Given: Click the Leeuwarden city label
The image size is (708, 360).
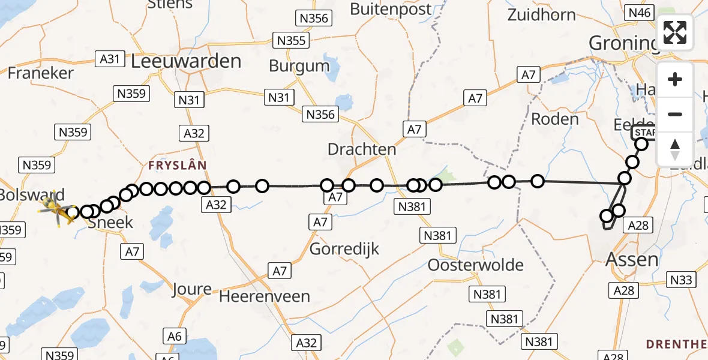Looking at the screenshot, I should (x=186, y=61).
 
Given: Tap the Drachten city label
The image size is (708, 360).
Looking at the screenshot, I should (x=362, y=149).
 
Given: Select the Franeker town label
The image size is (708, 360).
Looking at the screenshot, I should (x=41, y=73).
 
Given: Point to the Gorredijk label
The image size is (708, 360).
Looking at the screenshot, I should (x=344, y=248).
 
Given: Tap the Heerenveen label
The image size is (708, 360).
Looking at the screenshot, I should (x=265, y=296).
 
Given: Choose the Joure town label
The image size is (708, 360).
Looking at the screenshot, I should (x=192, y=289).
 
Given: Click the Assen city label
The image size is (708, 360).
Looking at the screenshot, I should (x=632, y=260).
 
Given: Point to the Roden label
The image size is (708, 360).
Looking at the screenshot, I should (x=555, y=119).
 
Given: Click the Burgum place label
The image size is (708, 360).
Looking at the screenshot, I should (x=299, y=65).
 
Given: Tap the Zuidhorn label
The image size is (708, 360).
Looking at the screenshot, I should (x=542, y=15).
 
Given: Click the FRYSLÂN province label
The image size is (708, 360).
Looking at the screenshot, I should (x=178, y=164).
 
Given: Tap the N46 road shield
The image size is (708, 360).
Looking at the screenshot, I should (x=639, y=12).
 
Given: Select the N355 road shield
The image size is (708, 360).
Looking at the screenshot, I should (x=292, y=41).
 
